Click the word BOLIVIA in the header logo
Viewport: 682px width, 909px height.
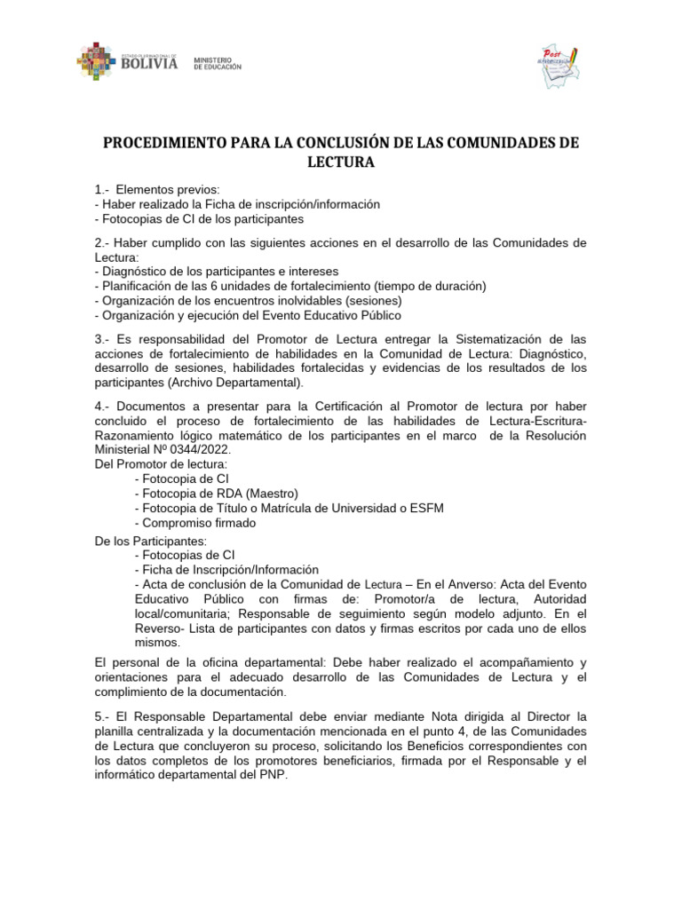[x=149, y=63]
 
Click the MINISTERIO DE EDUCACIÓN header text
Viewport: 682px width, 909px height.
[x=217, y=63]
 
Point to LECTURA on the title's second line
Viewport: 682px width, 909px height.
[x=341, y=163]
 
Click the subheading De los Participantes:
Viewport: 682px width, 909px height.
[x=151, y=541]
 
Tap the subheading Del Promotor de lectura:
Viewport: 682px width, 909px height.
[x=161, y=464]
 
